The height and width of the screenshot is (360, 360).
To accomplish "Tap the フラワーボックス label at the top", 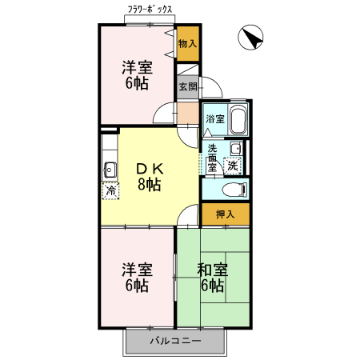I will pos(150,11).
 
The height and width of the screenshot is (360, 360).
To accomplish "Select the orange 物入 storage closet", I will pos(187,45).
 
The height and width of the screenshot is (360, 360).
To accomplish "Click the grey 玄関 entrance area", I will pos(187,86).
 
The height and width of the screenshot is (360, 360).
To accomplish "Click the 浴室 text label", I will pos(214,119).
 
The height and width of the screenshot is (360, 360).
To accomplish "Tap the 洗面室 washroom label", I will pos(213,158).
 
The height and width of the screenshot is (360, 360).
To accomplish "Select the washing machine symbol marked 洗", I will pos(232,166).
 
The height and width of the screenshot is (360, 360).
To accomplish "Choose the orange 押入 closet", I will pos(225,214).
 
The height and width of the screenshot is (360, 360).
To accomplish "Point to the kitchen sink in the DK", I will pos(110,170).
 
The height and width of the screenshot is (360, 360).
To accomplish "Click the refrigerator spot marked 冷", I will pos(110,190).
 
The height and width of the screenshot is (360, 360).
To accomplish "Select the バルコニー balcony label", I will pos(176,342).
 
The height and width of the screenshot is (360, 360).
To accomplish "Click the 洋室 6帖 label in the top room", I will pos(137,74).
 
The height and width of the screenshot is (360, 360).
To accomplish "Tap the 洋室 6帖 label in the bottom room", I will pos(137,276).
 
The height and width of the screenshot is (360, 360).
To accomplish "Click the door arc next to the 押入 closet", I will pos(189,214).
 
